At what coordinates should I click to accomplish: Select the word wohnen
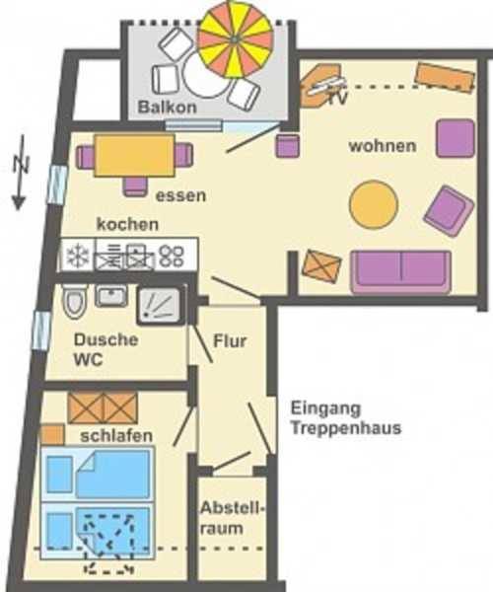(x=382, y=146)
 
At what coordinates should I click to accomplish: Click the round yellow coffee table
(x=375, y=203)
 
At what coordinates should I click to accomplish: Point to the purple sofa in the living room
(x=400, y=272)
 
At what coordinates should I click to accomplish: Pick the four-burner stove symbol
(x=172, y=257)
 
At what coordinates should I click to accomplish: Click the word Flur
(x=230, y=342)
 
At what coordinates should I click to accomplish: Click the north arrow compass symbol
(x=18, y=178)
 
